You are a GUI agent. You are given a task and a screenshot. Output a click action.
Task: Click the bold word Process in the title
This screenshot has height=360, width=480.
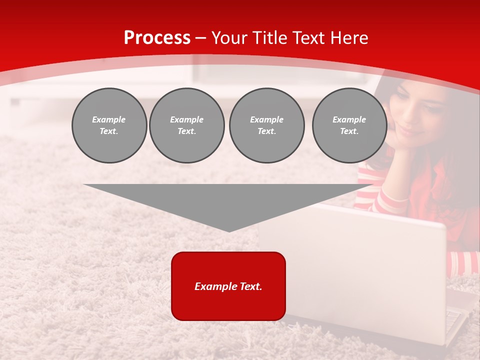click(157, 38)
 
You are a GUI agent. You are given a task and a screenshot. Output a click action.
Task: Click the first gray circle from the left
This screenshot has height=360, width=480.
click(109, 125)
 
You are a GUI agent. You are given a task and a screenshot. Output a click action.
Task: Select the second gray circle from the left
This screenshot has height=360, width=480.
click(186, 125)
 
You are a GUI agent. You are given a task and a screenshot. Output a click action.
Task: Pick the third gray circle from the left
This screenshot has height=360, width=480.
click(266, 125)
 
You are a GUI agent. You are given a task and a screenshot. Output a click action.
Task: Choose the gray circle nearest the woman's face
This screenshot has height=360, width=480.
click(349, 125)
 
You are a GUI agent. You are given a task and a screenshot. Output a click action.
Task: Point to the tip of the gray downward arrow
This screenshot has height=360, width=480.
click(229, 230)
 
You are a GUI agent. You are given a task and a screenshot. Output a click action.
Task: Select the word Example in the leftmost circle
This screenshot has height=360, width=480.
click(109, 119)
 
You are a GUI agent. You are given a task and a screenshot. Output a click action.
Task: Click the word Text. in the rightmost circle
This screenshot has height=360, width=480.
click(349, 131)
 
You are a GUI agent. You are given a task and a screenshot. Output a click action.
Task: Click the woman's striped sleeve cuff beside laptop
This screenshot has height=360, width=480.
click(462, 262)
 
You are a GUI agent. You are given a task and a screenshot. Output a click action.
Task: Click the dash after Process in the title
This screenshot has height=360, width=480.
click(201, 38)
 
